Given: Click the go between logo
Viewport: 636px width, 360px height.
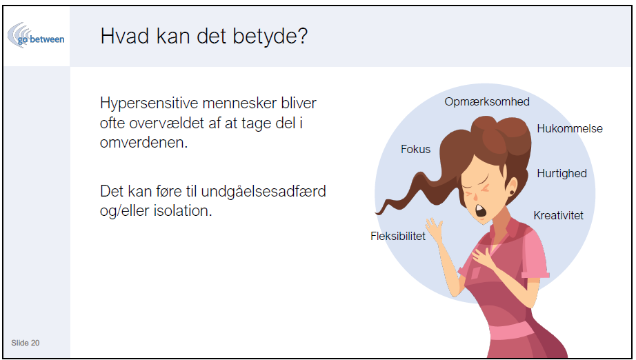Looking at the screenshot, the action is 36,36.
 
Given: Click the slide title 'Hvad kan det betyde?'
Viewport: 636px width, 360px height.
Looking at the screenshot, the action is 204,37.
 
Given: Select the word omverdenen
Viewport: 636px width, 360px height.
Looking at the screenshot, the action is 143,142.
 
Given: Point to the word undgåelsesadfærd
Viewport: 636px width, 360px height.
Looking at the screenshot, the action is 264,192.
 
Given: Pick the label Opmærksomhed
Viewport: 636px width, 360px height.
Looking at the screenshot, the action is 487,102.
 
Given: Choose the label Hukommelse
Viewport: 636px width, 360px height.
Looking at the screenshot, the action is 570,128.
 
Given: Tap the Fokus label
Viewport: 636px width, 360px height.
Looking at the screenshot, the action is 415,149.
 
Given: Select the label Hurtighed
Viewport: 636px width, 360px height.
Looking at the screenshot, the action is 562,174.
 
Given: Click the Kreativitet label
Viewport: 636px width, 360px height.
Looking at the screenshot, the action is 558,215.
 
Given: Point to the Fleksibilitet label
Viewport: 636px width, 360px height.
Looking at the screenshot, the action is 398,236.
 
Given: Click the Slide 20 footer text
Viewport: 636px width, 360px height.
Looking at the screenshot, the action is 25,343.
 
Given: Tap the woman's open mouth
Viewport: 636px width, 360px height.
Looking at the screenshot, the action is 481,210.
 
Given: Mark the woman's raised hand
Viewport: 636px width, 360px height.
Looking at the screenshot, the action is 434,230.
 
